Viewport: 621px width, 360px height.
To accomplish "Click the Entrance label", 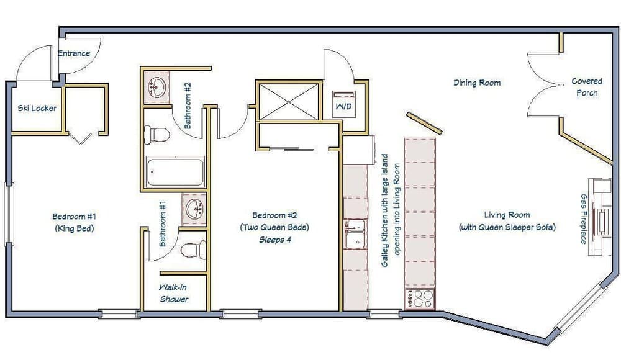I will tap(74, 53).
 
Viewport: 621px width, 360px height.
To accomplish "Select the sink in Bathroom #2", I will tap(156, 87).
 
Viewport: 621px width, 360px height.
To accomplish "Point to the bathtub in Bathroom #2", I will tap(175, 172).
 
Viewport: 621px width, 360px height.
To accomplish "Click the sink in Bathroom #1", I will tap(194, 209).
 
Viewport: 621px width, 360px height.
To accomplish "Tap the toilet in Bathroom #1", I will tap(193, 250).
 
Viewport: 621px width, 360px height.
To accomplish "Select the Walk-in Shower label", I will tap(174, 294).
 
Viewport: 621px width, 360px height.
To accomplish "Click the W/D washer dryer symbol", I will tap(342, 104).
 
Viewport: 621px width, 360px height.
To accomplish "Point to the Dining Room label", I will tap(476, 83).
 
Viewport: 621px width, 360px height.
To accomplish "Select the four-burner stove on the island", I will tap(419, 299).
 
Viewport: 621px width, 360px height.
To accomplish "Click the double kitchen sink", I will tap(355, 233).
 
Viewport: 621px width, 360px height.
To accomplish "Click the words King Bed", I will tap(74, 228).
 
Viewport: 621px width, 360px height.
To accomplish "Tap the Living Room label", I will tap(507, 215).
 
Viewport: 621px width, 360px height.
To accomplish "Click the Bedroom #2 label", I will tap(274, 215).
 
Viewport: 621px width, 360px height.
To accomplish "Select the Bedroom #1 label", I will tap(74, 217).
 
